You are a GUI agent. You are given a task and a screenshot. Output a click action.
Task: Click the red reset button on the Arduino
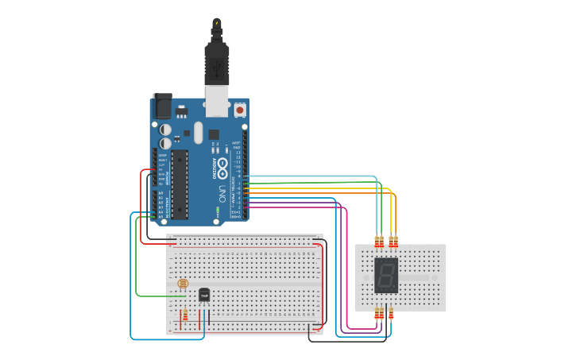tap(241, 110)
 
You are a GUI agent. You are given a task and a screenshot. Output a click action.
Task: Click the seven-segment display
tap(386, 275)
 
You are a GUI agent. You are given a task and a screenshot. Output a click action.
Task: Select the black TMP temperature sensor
tap(204, 295)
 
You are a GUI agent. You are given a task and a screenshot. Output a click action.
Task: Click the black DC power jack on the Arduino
tap(162, 105)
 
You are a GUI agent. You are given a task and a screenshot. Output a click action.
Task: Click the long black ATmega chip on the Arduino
tap(180, 183)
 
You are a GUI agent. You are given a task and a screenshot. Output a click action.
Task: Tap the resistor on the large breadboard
tap(186, 317)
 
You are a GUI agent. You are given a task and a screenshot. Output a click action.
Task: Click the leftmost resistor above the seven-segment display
tap(377, 242)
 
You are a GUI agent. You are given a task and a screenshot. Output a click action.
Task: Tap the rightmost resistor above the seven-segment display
tap(395, 241)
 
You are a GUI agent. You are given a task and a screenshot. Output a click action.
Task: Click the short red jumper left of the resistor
tap(180, 317)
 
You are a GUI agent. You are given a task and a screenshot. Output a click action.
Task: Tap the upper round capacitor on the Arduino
tap(166, 129)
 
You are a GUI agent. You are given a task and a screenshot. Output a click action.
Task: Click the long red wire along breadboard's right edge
tap(322, 286)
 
